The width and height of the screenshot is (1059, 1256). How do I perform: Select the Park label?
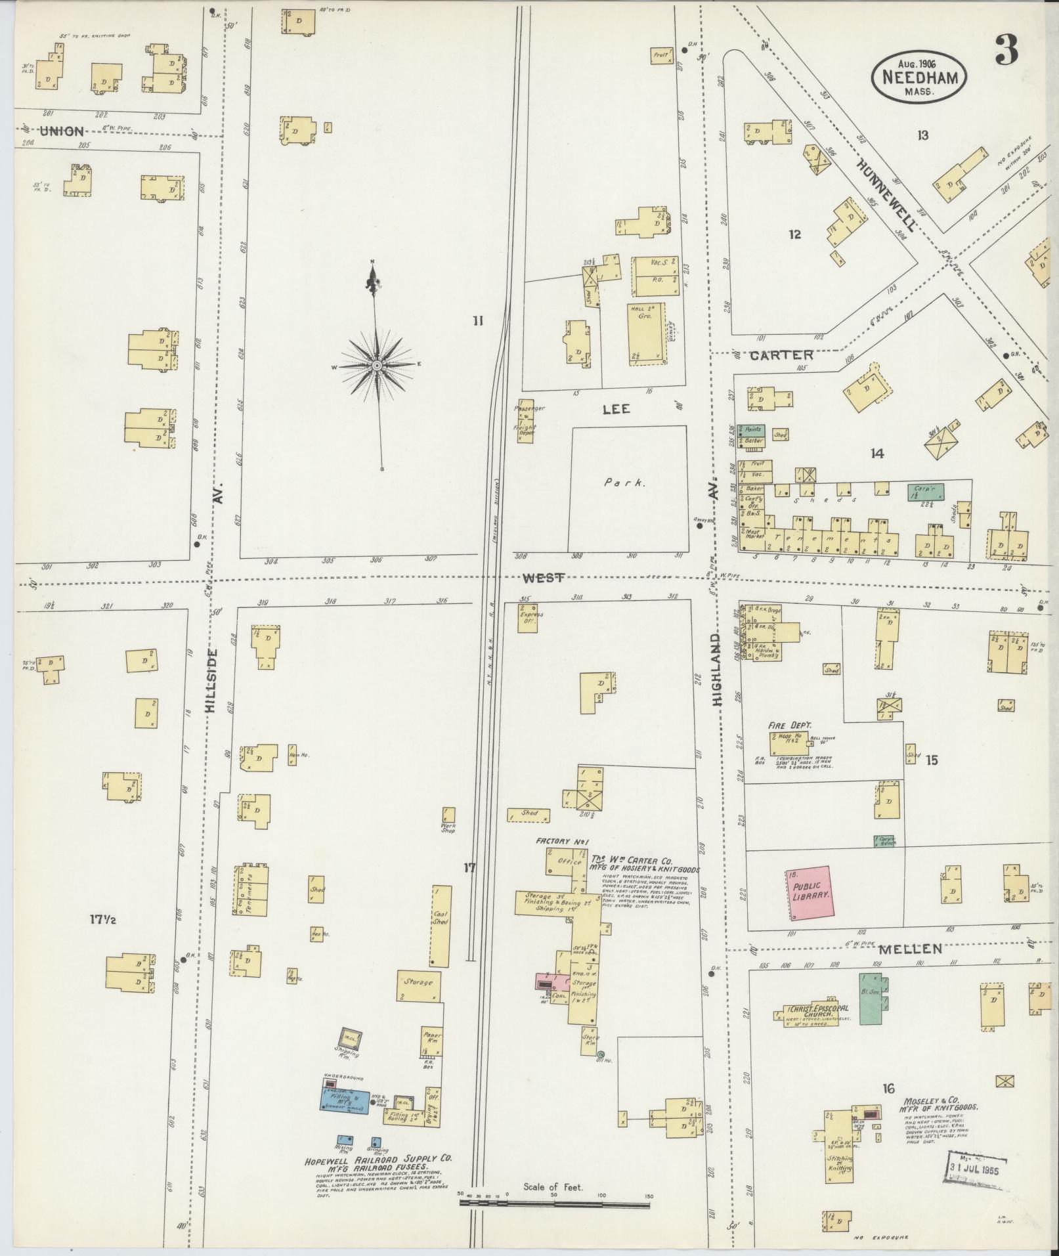click(625, 482)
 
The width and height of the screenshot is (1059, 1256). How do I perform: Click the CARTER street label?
click(781, 355)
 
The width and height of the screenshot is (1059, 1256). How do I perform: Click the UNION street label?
click(62, 131)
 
